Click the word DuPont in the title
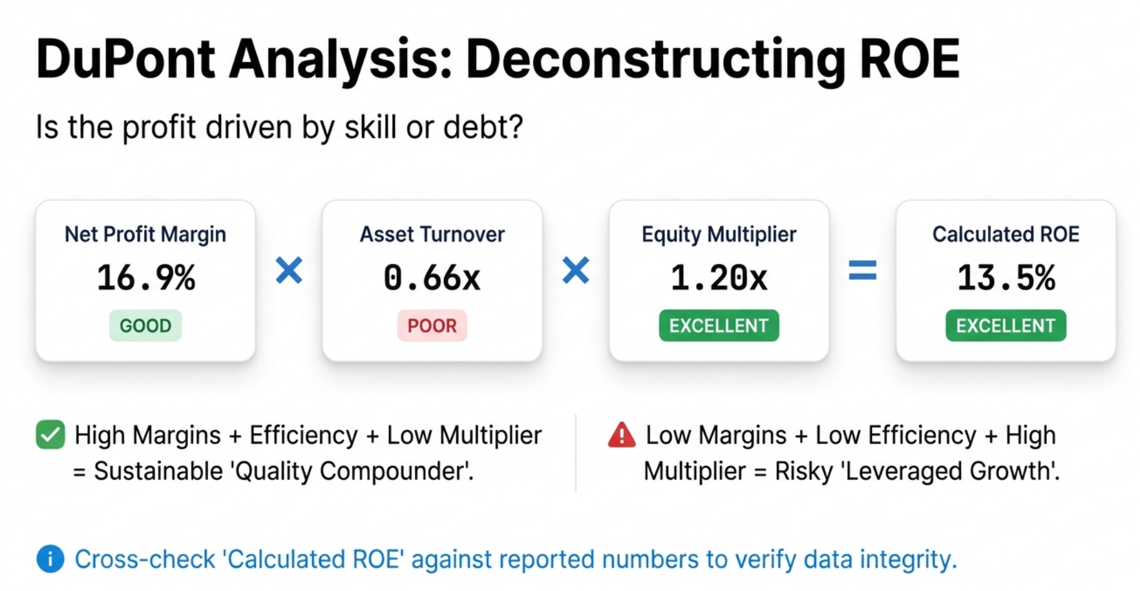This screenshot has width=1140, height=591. [125, 59]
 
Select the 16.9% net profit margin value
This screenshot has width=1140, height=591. [145, 278]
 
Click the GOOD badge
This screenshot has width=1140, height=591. [145, 325]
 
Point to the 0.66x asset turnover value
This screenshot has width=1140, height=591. [432, 278]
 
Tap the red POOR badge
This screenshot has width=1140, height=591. [432, 325]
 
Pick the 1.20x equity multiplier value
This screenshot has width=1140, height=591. [719, 278]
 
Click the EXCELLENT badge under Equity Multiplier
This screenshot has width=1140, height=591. [719, 325]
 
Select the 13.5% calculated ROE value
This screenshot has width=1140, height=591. [1006, 278]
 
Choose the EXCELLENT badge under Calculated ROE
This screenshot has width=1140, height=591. [1006, 325]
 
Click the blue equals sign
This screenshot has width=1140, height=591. [862, 270]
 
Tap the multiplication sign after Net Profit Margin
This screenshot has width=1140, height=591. [289, 270]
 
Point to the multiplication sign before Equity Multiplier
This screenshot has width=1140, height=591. [575, 270]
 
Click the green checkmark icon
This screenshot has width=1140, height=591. [50, 435]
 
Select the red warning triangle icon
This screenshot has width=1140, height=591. [622, 435]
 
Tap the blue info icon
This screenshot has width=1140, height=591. [50, 559]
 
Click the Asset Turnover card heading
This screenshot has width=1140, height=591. [432, 234]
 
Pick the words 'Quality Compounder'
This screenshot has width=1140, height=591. [352, 471]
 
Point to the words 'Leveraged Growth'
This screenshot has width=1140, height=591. [950, 471]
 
